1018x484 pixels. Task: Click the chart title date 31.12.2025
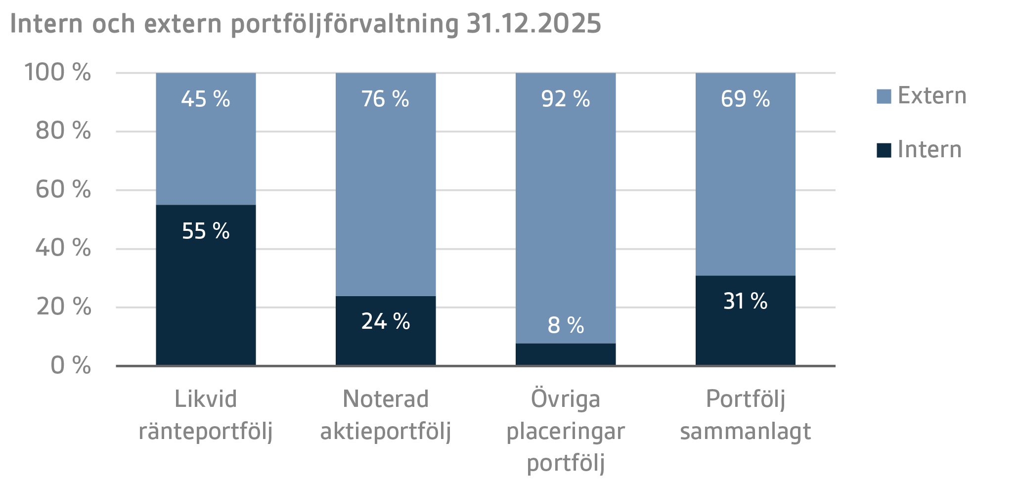(533, 23)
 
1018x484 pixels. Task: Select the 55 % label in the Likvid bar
(206, 231)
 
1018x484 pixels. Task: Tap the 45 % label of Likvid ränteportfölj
(206, 99)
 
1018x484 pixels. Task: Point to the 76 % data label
(385, 99)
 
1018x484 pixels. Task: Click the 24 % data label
(386, 321)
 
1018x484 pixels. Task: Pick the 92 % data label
(566, 99)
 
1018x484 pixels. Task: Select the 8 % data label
(566, 325)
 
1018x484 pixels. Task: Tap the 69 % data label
(745, 99)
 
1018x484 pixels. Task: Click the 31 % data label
(745, 301)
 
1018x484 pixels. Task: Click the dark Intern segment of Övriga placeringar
(566, 354)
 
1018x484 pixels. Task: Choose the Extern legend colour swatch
(884, 96)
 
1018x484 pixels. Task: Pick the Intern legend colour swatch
(884, 150)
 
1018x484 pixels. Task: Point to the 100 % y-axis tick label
(57, 72)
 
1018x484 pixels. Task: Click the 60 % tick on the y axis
(63, 189)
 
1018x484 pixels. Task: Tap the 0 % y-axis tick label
(71, 365)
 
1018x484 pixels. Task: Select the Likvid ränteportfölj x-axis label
(206, 415)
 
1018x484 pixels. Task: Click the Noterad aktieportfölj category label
(386, 415)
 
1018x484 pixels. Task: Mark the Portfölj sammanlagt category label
(745, 415)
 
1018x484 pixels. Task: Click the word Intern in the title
(47, 23)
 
